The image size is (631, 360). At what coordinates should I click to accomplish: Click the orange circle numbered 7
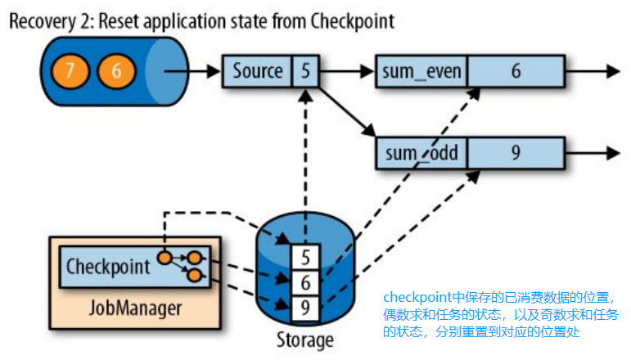pos(70,70)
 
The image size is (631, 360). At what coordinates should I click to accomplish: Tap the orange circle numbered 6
pos(116,70)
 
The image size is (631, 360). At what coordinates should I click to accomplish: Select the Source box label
pos(258,71)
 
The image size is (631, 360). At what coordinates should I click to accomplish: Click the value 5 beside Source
pos(305,71)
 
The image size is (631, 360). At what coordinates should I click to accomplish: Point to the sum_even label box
pos(421,71)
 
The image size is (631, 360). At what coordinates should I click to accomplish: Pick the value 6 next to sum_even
pos(516,71)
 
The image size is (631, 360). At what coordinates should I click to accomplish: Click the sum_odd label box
pos(421,153)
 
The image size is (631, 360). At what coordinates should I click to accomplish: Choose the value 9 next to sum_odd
pos(516,153)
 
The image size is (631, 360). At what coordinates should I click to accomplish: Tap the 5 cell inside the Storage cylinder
pos(305,257)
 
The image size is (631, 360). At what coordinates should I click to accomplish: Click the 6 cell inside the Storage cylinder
pos(305,281)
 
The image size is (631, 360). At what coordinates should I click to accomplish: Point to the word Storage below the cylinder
pos(304,340)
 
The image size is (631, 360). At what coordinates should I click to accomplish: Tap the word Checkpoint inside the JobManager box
pos(108,266)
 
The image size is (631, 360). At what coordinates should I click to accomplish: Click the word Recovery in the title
pos(41,20)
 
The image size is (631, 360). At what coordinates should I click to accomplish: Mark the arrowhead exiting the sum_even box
pos(611,71)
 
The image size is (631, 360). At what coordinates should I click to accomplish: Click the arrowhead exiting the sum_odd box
pos(611,153)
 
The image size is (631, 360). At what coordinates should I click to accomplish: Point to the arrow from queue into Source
pos(193,71)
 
